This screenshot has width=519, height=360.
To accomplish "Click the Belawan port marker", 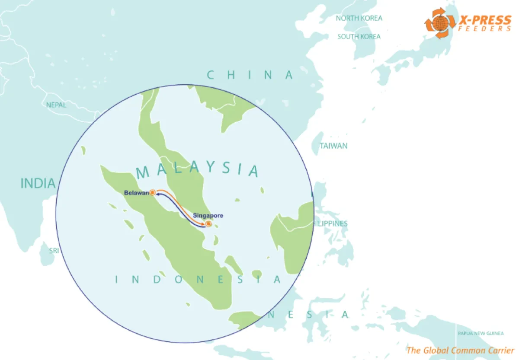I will point(152,193).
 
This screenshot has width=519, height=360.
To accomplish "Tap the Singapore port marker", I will point(208,223).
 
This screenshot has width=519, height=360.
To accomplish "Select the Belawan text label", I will point(136,193).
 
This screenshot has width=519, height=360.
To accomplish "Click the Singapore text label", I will point(208,215).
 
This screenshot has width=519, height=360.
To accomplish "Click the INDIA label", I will point(38,184).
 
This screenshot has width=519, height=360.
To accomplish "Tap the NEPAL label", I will point(57,105).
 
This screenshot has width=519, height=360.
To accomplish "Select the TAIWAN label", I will point(333,146).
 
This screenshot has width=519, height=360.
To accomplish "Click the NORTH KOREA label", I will point(359,18).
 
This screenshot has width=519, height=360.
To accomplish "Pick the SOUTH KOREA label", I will point(359,37).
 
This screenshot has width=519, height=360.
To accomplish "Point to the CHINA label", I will point(250,75).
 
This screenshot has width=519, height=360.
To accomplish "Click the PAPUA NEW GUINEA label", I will point(481,333).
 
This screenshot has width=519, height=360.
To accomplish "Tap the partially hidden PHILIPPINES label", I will point(331,224).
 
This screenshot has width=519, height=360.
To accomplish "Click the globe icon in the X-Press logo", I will point(439,23).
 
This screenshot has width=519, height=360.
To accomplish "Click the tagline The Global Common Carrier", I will point(460,350).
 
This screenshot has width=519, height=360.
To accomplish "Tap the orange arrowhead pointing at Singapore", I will point(204,224).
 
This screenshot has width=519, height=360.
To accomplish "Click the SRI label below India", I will point(53,251).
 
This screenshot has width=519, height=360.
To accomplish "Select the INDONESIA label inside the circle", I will point(199,280).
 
